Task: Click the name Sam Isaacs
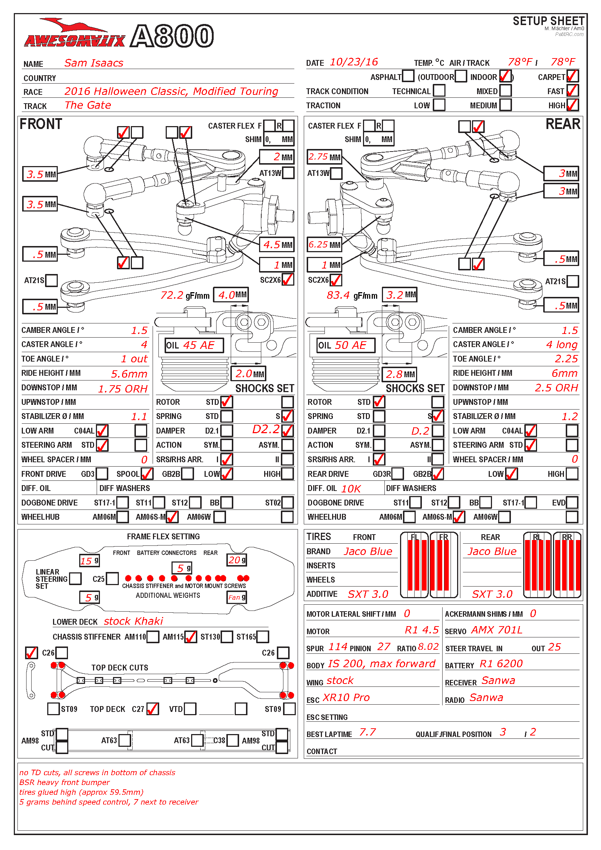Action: click(x=94, y=63)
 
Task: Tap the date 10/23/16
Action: click(x=354, y=62)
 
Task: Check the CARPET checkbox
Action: click(x=572, y=76)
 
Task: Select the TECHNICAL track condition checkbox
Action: click(x=439, y=91)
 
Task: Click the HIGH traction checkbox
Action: click(x=572, y=105)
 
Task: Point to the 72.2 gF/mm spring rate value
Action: click(x=172, y=295)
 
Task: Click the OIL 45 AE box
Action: click(x=194, y=345)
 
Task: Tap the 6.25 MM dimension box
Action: click(x=324, y=245)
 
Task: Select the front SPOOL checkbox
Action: click(x=147, y=474)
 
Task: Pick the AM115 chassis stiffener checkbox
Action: click(x=191, y=637)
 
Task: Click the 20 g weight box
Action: click(x=237, y=560)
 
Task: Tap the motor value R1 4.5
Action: click(x=421, y=630)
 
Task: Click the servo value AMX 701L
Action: click(x=497, y=630)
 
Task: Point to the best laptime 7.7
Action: click(x=367, y=732)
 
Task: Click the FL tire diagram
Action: click(x=414, y=565)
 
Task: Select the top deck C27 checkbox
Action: click(x=153, y=709)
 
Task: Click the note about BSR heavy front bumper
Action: click(x=65, y=782)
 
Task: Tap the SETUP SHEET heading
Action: click(x=548, y=21)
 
